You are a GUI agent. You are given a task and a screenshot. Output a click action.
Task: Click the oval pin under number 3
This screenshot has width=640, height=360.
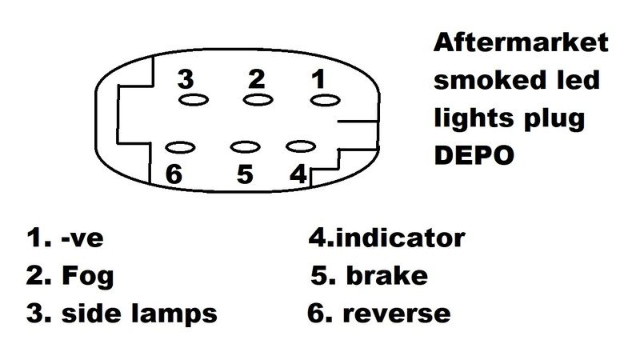point(194,100)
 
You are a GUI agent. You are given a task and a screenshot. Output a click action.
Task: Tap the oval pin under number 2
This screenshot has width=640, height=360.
point(258,99)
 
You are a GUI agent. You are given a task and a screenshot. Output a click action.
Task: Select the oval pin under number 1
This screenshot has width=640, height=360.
point(326,100)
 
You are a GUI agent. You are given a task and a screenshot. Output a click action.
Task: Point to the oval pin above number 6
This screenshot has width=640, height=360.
point(180,147)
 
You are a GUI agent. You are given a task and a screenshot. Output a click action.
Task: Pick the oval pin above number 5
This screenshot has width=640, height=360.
point(246,147)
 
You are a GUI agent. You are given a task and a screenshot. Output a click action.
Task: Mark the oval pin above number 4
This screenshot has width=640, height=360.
point(301,146)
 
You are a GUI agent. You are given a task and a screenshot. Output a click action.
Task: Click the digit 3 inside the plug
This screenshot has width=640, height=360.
point(186,79)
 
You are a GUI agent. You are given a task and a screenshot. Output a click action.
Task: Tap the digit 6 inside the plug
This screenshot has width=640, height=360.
point(174,174)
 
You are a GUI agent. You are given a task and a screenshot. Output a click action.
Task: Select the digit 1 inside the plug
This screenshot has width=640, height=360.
point(318,78)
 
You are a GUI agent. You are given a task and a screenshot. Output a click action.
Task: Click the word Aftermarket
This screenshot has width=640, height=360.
point(521,42)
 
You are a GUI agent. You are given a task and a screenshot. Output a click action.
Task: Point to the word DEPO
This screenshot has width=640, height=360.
point(474,155)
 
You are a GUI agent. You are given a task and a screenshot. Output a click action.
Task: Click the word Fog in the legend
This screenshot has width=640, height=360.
point(88,277)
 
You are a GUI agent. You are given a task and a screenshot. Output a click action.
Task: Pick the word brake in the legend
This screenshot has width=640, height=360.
point(387,275)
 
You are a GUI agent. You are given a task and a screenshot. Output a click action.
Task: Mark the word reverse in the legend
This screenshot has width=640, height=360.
point(397,314)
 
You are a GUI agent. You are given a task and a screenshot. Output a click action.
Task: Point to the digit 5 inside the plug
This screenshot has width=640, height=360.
point(245,174)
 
